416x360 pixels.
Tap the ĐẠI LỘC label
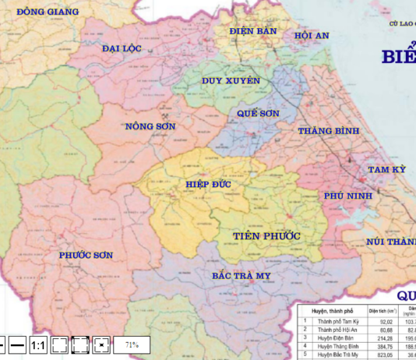click(122, 48)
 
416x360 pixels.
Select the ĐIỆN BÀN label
click(253, 30)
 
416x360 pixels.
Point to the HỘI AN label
click(312, 36)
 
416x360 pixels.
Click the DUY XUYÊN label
click(231, 81)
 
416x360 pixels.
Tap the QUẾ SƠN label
click(258, 113)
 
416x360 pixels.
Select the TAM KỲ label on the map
click(387, 170)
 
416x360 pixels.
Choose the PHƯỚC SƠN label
click(86, 255)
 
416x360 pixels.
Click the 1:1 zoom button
click(38, 344)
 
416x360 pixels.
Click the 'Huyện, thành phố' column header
click(333, 310)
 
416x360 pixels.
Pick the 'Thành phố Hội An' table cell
click(337, 330)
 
